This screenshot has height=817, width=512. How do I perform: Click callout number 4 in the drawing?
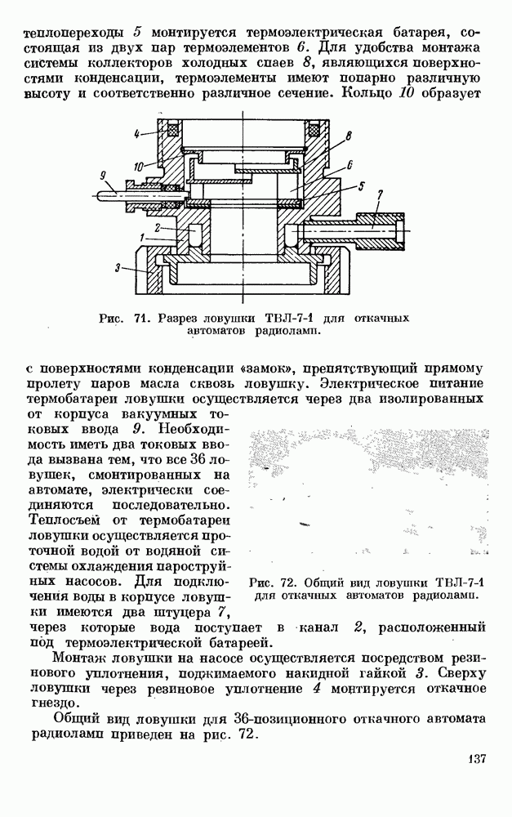[x=136, y=133]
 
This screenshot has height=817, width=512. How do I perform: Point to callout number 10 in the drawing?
[x=139, y=167]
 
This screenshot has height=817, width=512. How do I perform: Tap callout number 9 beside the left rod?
[x=103, y=176]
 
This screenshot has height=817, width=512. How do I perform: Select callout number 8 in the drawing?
[x=349, y=136]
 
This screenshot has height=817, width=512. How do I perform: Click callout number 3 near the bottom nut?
[x=118, y=268]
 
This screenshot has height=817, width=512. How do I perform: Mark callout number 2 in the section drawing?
[x=156, y=228]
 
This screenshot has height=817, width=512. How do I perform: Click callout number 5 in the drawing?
[x=362, y=185]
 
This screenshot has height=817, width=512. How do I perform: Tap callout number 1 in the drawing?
[x=141, y=237]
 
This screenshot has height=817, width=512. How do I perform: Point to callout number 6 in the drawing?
[x=349, y=166]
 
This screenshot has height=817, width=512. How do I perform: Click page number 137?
[x=475, y=758]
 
